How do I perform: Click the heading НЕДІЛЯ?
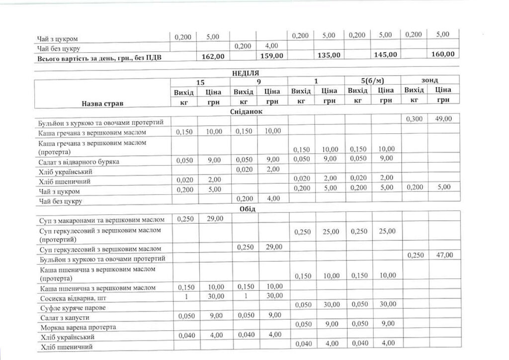(246, 73)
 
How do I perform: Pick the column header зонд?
(429, 80)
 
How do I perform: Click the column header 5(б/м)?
(372, 81)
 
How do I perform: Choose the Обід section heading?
(247, 209)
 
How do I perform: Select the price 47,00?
(443, 255)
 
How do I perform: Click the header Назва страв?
(102, 103)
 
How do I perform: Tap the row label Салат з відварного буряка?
(79, 162)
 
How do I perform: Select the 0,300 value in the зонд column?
(415, 119)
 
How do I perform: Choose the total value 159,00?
(271, 56)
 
